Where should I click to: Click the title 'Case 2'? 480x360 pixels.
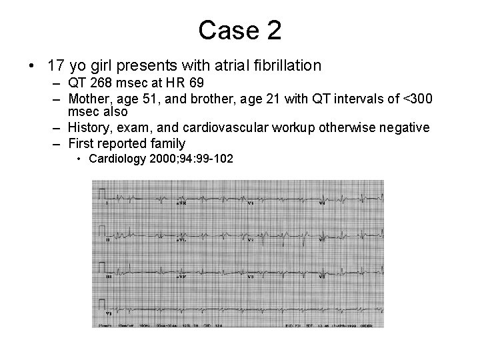239,30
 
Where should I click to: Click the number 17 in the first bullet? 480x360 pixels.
55,66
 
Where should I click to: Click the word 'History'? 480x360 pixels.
89,127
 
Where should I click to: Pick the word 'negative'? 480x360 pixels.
404,127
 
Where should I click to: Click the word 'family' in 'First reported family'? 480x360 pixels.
166,143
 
